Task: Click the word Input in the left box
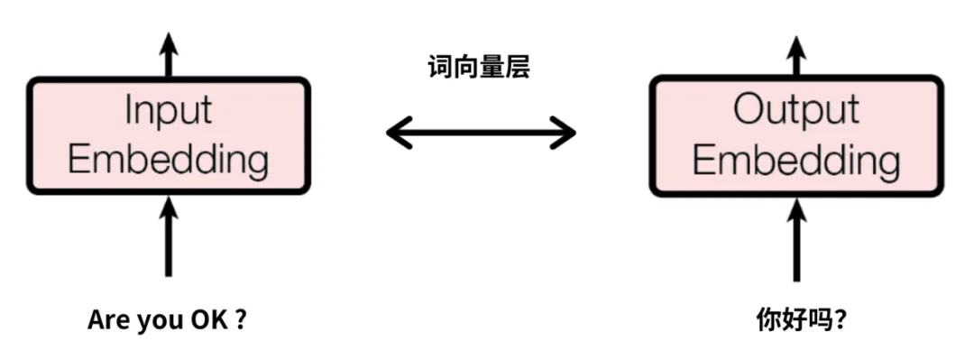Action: [168, 111]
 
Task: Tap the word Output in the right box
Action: [795, 111]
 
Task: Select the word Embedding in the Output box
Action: [795, 161]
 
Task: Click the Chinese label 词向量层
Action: [479, 66]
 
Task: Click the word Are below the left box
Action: [107, 320]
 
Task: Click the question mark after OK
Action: [240, 320]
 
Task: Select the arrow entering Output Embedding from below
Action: [795, 239]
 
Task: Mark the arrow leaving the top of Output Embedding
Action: [795, 56]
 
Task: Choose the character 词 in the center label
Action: [440, 66]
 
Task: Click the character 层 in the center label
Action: [518, 66]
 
